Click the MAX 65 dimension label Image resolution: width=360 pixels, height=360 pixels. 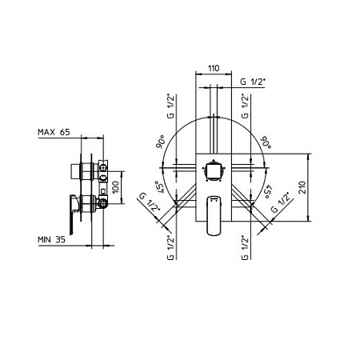(x=54, y=132)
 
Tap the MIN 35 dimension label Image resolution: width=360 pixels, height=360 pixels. (x=51, y=239)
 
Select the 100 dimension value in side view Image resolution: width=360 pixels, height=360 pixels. (x=115, y=187)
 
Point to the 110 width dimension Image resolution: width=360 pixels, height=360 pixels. (x=214, y=68)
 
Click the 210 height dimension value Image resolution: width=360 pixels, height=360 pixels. (x=302, y=187)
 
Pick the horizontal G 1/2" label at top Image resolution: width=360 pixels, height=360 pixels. (x=253, y=82)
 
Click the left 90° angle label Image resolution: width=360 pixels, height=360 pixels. (x=161, y=142)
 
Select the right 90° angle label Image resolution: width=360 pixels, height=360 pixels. (x=266, y=142)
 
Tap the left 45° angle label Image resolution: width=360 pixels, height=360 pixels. (x=159, y=187)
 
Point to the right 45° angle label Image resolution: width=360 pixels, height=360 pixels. (x=268, y=191)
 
